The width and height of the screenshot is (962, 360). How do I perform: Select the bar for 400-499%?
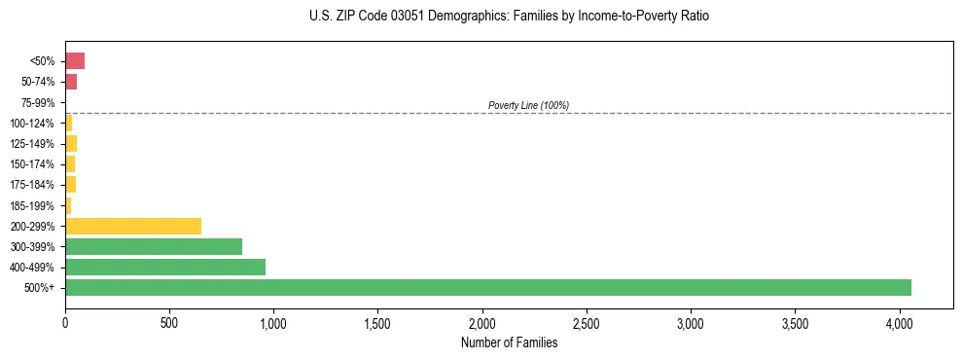[165, 267]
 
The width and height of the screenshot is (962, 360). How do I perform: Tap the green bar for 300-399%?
[154, 246]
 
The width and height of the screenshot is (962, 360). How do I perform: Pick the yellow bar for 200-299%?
[133, 226]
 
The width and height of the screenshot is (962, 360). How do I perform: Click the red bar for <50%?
[75, 61]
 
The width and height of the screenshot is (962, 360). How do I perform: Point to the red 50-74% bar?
[71, 82]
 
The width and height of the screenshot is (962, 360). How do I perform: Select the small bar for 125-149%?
[71, 144]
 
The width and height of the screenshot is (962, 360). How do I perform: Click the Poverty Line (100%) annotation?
[528, 105]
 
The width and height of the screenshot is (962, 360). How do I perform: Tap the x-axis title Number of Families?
[509, 342]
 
